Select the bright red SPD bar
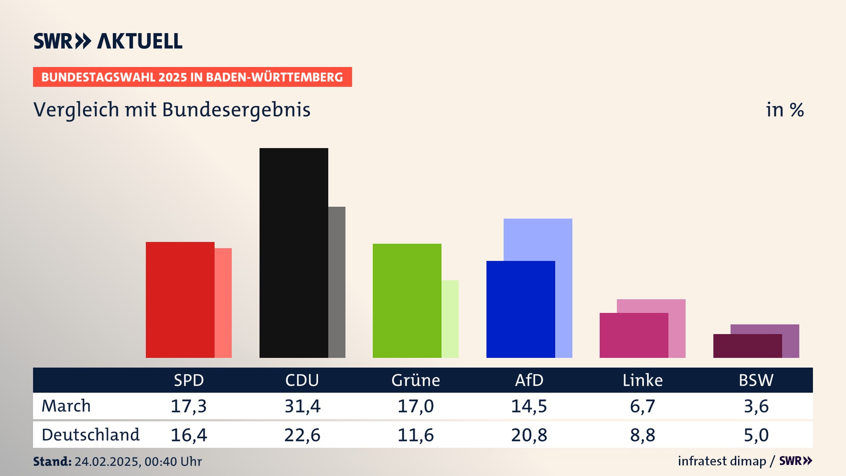[x=180, y=300]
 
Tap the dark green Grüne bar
[x=407, y=301]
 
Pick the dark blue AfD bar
[x=520, y=309]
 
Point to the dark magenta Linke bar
[x=634, y=335]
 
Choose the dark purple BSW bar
[x=747, y=346]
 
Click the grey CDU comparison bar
[x=337, y=282]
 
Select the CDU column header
[x=302, y=380]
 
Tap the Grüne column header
[x=416, y=380]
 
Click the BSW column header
[x=756, y=380]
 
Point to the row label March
[x=66, y=406]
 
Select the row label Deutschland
[x=90, y=435]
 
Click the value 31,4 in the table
[x=302, y=406]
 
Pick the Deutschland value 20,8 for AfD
[x=529, y=435]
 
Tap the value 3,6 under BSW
[x=756, y=406]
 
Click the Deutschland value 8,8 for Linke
[x=642, y=435]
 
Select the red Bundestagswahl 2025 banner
[x=192, y=77]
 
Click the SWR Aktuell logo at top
[x=108, y=41]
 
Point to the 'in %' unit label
[x=785, y=110]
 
